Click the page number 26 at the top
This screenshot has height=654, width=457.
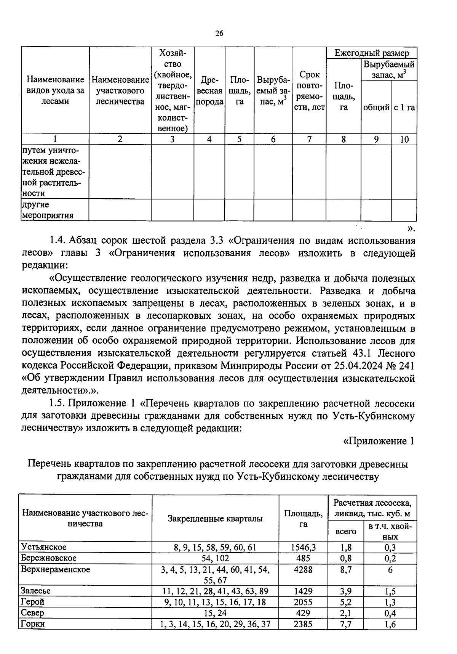(219, 34)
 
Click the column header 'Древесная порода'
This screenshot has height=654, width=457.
(209, 91)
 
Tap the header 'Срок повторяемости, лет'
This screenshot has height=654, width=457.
(309, 91)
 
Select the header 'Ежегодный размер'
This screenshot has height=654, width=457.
(371, 53)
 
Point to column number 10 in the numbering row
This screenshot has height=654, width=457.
(404, 140)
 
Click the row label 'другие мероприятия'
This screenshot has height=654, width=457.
(46, 210)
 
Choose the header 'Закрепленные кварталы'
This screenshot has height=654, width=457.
(215, 519)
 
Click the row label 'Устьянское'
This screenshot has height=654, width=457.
(44, 547)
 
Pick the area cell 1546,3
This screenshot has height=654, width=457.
(303, 548)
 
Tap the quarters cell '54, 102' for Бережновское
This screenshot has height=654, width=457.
(215, 558)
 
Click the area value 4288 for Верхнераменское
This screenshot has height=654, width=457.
(303, 570)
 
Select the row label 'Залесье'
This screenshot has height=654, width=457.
(36, 591)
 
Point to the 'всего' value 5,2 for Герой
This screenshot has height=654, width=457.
(345, 602)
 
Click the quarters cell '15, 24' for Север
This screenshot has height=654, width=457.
(215, 613)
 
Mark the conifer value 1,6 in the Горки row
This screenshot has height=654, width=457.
(390, 624)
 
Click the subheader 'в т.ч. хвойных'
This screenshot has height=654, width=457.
(390, 531)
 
